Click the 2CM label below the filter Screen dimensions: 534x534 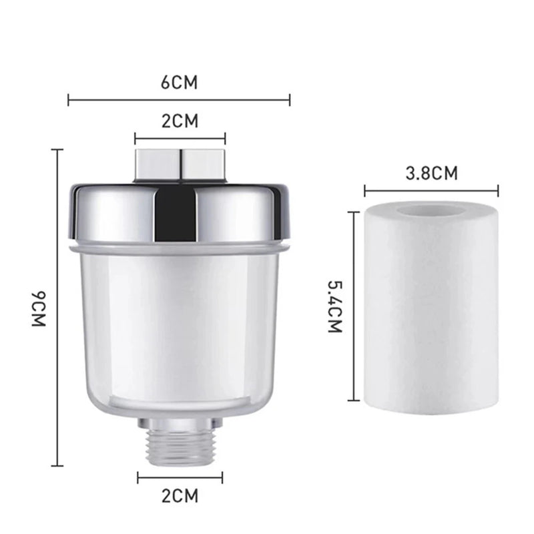(180, 496)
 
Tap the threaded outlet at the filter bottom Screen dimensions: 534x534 (180, 445)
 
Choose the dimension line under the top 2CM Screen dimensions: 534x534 (180, 139)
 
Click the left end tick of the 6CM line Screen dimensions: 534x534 (69, 101)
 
